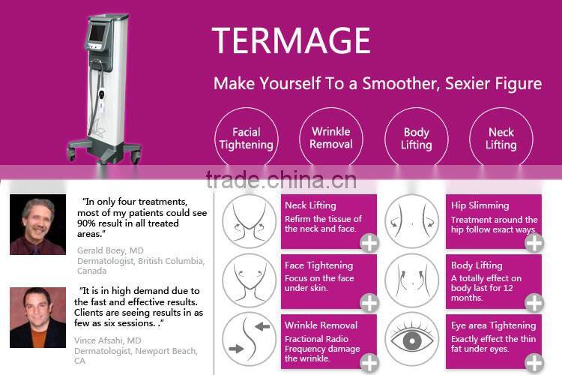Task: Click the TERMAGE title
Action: (291, 40)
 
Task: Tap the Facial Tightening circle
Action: (246, 139)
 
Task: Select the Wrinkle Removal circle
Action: (330, 139)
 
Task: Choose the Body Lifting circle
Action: (416, 139)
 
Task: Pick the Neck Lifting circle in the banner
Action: (501, 139)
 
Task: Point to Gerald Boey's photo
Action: (37, 224)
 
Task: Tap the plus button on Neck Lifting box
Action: (369, 242)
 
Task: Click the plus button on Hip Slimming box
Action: (534, 242)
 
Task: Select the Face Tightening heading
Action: (318, 265)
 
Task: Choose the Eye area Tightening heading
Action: (493, 325)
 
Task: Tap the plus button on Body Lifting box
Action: (534, 302)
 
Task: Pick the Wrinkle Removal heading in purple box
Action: (321, 325)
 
